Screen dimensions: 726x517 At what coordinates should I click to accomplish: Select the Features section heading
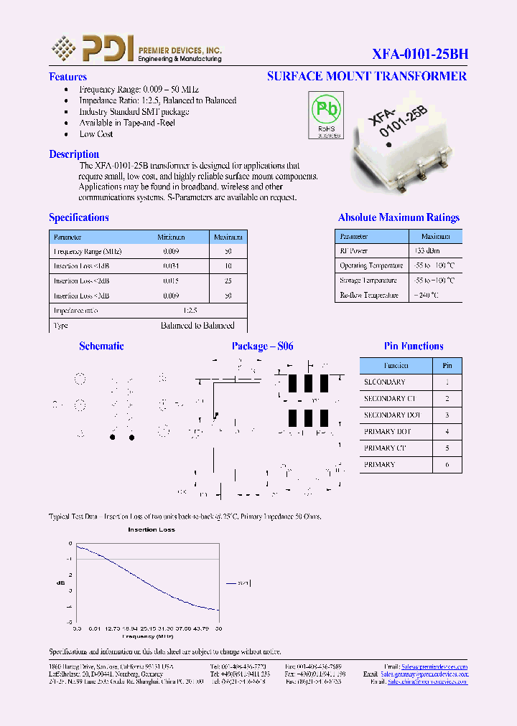(x=67, y=77)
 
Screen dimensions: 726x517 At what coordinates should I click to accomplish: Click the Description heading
(x=74, y=154)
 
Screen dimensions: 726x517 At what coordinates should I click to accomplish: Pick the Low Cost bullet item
(x=96, y=134)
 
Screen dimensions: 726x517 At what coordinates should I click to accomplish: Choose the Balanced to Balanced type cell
(x=197, y=326)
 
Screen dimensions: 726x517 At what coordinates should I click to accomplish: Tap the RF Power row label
(x=353, y=251)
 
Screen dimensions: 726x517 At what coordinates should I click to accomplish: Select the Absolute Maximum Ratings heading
(x=399, y=217)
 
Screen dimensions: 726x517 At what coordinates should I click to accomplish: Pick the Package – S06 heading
(x=262, y=346)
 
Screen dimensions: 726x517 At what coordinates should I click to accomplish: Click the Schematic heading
(x=101, y=346)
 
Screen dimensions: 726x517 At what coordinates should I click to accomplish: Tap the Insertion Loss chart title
(x=151, y=529)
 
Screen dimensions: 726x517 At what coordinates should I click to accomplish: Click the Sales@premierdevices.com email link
(x=434, y=666)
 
